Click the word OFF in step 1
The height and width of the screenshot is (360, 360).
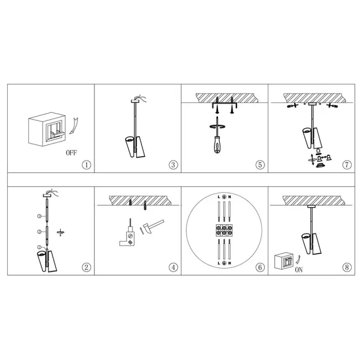click(x=71, y=153)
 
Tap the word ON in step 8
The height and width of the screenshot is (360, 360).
click(x=299, y=270)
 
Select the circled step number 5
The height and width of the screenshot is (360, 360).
click(x=260, y=165)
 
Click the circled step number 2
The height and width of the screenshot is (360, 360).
click(x=86, y=267)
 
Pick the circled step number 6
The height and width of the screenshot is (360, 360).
click(x=260, y=267)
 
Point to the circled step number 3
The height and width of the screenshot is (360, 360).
click(x=173, y=165)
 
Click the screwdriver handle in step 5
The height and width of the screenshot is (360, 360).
click(x=217, y=145)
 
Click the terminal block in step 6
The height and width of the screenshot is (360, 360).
click(x=224, y=230)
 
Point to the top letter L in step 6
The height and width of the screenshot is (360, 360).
click(x=219, y=197)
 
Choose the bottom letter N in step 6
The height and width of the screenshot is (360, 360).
click(x=229, y=263)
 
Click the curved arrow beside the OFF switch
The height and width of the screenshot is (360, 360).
click(x=74, y=126)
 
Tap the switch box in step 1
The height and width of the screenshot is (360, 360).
click(x=47, y=129)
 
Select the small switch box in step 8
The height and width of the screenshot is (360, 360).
click(x=284, y=261)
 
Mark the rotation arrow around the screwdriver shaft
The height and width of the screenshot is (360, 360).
click(x=217, y=127)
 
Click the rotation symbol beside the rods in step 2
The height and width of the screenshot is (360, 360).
click(x=60, y=232)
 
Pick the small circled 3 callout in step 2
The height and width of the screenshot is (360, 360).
click(x=39, y=216)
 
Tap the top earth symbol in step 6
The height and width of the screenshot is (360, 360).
click(x=224, y=197)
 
